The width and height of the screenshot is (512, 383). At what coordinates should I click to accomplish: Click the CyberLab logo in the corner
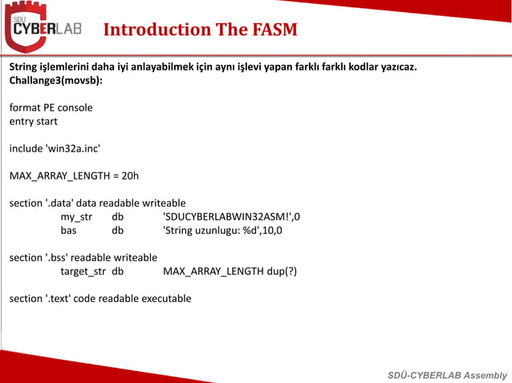pyautogui.click(x=45, y=28)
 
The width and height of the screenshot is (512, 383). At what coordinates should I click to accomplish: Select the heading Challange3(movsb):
pyautogui.click(x=55, y=80)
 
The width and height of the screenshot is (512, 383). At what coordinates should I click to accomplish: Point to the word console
pyautogui.click(x=73, y=107)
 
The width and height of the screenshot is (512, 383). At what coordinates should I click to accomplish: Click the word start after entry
pyautogui.click(x=45, y=121)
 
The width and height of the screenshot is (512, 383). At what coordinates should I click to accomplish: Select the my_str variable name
pyautogui.click(x=76, y=216)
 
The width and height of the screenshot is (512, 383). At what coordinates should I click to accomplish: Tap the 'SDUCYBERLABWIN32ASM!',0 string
pyautogui.click(x=232, y=216)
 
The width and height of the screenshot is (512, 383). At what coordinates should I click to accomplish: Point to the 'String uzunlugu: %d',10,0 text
pyautogui.click(x=222, y=230)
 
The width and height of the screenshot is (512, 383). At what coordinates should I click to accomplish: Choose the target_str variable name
pyautogui.click(x=83, y=271)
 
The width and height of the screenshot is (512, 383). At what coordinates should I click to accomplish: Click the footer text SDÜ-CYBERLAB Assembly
pyautogui.click(x=447, y=375)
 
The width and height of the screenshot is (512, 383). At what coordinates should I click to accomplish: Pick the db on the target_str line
pyautogui.click(x=118, y=271)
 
